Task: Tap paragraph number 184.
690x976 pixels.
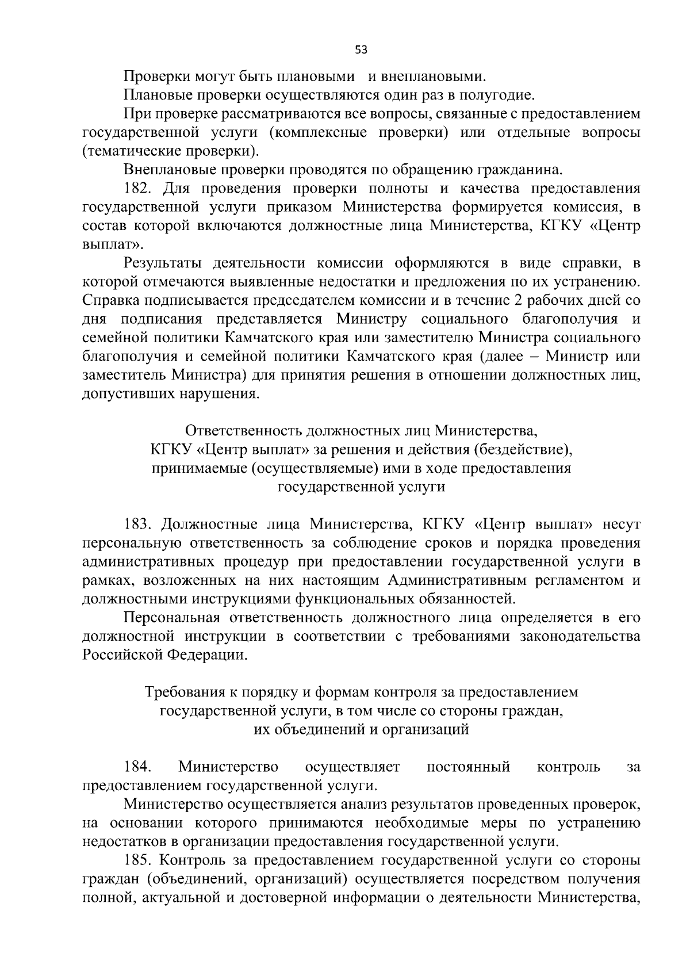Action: pos(138,767)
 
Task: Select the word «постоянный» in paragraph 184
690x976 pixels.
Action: pos(467,767)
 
